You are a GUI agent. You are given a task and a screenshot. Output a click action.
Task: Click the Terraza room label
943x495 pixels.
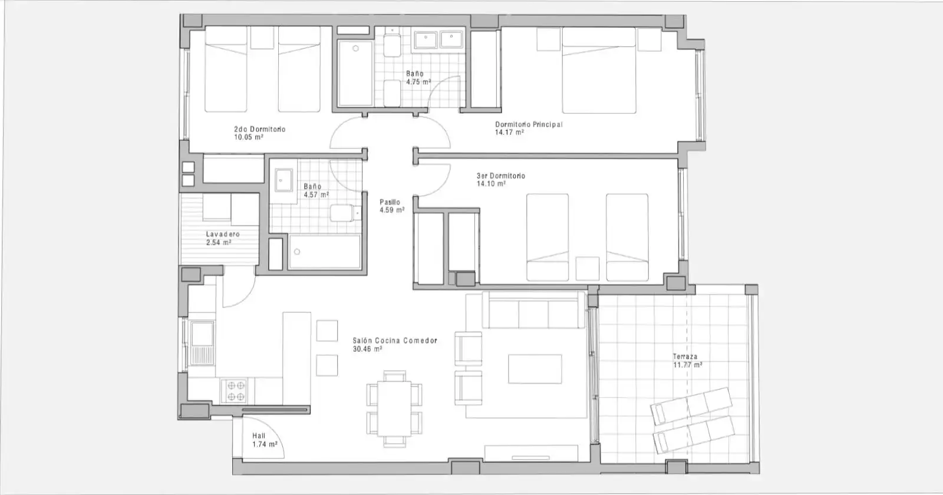[x=684, y=357]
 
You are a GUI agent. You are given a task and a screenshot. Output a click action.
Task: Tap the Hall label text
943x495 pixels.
[x=259, y=436]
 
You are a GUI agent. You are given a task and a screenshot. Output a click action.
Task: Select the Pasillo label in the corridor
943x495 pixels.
[x=390, y=202]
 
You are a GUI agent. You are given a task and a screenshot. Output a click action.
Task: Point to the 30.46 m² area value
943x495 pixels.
[x=368, y=349]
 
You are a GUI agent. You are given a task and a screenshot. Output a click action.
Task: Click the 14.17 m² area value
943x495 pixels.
[x=509, y=132]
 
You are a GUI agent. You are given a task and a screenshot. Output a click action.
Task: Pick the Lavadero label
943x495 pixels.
[x=223, y=234]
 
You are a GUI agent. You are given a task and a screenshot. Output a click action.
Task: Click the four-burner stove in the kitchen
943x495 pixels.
[x=233, y=391]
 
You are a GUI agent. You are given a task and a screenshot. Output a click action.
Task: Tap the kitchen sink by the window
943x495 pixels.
[x=202, y=343]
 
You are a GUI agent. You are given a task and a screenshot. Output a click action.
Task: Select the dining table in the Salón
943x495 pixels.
[x=394, y=408]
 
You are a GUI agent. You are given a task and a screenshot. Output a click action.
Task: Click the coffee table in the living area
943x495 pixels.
[x=535, y=369]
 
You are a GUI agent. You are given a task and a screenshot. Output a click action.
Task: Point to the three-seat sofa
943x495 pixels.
[x=533, y=310]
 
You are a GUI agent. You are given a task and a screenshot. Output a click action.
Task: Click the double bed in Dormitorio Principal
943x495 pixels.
[x=599, y=70]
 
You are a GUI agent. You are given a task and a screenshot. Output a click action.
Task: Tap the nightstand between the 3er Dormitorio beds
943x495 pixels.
[x=587, y=269]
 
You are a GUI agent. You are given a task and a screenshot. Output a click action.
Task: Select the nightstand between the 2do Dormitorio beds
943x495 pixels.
[x=262, y=38]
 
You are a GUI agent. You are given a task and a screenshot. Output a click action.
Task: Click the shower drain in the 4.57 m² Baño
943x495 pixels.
[x=297, y=252]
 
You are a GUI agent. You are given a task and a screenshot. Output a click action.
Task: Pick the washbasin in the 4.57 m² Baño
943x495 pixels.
[x=283, y=180]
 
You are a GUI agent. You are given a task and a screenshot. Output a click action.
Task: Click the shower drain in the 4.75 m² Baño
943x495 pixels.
[x=356, y=48]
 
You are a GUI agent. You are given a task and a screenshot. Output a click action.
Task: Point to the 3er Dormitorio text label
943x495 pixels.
[x=500, y=176]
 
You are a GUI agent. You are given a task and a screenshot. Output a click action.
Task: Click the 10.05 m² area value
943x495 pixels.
[x=249, y=137]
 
